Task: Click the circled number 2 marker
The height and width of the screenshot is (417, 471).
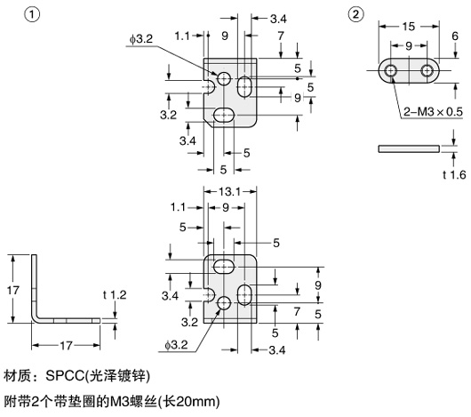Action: [356, 15]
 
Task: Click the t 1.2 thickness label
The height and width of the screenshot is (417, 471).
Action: [116, 293]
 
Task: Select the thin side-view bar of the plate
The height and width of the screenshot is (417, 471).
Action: [410, 148]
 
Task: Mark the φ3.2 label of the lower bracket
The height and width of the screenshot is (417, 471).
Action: [175, 343]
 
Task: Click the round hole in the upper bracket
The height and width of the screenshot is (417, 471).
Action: [223, 80]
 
